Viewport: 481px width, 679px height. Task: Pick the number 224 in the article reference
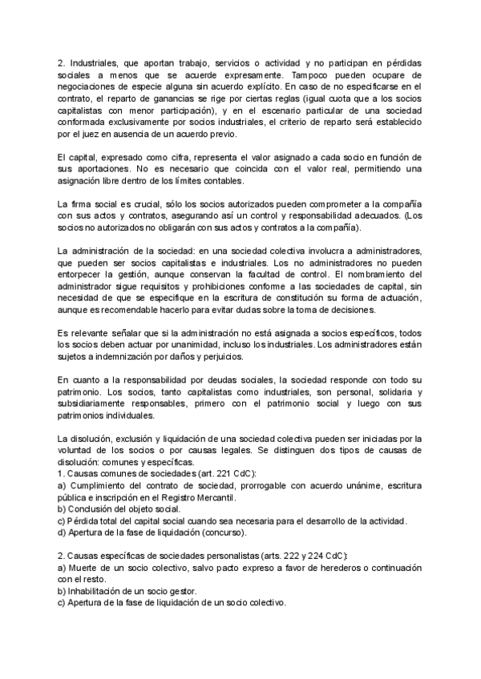(x=314, y=555)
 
